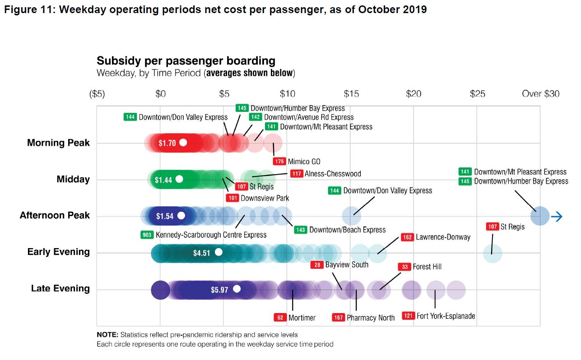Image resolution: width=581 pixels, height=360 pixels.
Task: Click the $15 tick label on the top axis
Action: click(x=351, y=94)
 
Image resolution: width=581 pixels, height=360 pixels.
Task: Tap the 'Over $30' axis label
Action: click(x=540, y=94)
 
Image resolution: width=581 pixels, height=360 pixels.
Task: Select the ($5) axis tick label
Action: click(x=97, y=94)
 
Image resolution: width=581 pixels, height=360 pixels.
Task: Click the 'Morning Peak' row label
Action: click(x=58, y=143)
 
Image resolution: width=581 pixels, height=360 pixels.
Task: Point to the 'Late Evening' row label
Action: click(x=60, y=289)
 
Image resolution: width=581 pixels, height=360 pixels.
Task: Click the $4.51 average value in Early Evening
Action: click(x=201, y=253)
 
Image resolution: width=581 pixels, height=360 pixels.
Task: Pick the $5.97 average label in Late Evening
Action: click(x=219, y=290)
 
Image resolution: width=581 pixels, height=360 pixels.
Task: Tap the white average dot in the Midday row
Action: click(x=179, y=179)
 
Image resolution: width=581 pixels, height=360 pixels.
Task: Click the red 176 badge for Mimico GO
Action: click(x=279, y=161)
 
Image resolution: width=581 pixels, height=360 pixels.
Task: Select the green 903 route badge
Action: click(x=147, y=235)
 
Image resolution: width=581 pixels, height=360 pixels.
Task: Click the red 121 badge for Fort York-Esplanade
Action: click(x=408, y=316)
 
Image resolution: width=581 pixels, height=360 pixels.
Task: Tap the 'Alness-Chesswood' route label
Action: click(x=333, y=174)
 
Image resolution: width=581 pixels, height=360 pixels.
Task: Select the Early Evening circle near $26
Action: click(x=492, y=253)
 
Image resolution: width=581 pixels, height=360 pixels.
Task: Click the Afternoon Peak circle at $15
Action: click(x=352, y=216)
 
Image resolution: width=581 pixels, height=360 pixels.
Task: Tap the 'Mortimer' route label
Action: click(x=302, y=318)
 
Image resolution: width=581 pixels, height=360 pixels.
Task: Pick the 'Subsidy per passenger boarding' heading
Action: click(x=186, y=61)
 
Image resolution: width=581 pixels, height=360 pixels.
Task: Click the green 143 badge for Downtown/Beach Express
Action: click(x=301, y=230)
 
